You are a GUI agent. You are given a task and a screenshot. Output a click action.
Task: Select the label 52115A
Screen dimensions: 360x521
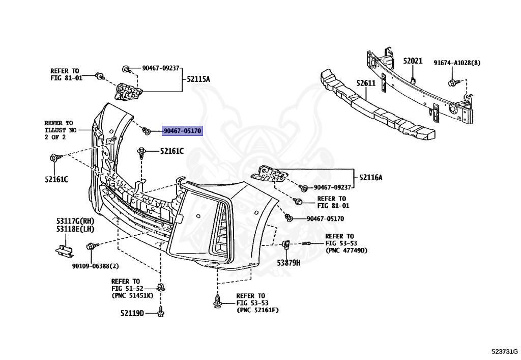pos(198,79)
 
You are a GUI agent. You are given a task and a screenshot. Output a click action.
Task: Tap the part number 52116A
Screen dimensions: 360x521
pos(370,177)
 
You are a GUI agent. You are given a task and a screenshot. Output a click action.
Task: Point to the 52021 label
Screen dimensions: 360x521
pos(413,61)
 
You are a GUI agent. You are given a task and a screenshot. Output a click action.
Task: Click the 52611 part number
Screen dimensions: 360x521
pos(365,83)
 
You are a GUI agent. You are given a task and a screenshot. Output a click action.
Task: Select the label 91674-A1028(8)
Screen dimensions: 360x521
pos(457,63)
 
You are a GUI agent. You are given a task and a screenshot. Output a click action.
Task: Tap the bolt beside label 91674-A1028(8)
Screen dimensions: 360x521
pos(452,82)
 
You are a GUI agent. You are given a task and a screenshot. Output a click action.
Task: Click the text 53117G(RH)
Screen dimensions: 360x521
pos(75,221)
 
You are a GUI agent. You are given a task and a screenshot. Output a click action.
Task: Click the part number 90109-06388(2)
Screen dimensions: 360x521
pos(96,266)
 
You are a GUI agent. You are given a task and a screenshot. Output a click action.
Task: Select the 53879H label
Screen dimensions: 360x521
pos(288,263)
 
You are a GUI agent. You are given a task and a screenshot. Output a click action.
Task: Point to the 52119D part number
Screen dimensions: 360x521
pos(132,313)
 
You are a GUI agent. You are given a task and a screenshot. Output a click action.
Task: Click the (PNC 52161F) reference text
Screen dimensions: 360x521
pos(257,310)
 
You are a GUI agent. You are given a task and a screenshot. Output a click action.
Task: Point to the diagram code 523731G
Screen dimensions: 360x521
pos(504,351)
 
